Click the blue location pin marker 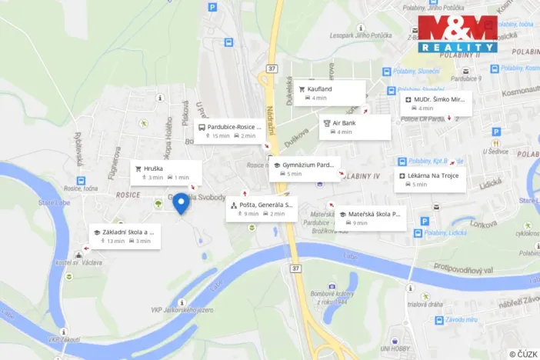(181, 202)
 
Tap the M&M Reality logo (457, 34)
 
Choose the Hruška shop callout (165, 172)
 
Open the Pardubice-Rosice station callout (229, 131)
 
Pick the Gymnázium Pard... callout (305, 168)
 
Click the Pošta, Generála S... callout (261, 208)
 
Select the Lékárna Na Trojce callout (429, 180)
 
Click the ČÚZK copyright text (523, 353)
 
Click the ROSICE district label (128, 195)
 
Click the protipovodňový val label (462, 267)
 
